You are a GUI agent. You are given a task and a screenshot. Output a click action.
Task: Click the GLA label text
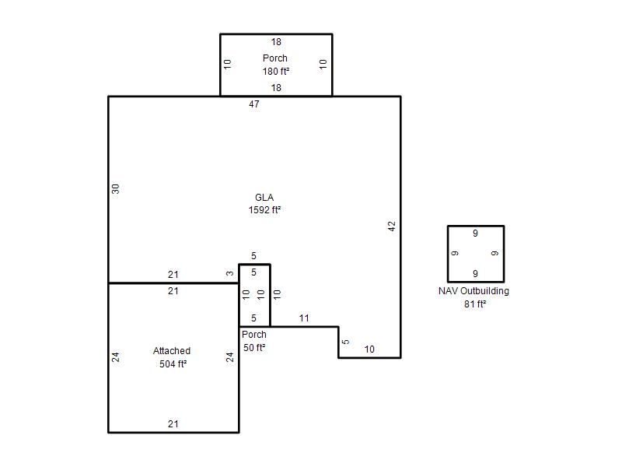tap(264, 198)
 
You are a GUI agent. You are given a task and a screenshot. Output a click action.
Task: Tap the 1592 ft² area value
tap(264, 209)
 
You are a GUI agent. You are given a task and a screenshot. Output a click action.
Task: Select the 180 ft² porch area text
tap(276, 71)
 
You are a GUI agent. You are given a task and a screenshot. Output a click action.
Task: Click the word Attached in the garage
tap(172, 351)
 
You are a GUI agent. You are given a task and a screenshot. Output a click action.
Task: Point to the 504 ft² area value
tap(173, 363)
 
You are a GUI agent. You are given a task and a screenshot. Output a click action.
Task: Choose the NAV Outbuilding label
tap(473, 290)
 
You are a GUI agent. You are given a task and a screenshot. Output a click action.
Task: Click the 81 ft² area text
tap(475, 304)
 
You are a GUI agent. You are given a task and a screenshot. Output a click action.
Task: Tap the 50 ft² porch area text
tap(254, 347)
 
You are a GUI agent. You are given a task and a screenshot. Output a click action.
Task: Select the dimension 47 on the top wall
tap(254, 104)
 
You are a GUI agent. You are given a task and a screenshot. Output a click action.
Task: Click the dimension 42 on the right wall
tap(392, 226)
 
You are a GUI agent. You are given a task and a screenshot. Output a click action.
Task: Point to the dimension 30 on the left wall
tap(115, 189)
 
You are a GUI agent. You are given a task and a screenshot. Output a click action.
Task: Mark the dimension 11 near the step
tap(304, 318)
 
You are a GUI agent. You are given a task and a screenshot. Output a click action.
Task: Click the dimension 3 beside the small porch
tap(229, 273)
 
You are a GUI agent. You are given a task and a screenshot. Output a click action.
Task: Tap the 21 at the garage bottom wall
tap(173, 423)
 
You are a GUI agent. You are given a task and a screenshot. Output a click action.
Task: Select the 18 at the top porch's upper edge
tap(276, 42)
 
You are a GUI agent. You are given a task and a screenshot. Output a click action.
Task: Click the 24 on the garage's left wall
tap(115, 357)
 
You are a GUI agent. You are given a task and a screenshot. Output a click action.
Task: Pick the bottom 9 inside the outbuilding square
tap(475, 274)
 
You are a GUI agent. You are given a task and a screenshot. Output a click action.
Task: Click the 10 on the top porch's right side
tap(323, 64)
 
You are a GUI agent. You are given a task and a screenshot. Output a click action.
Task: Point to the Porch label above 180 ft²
tap(275, 58)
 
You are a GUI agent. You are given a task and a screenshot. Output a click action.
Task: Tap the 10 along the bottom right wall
tap(369, 349)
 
